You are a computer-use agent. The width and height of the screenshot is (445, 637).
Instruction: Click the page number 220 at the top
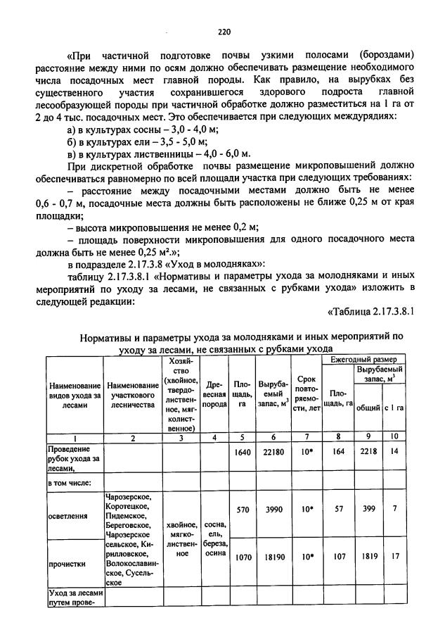pos(224,31)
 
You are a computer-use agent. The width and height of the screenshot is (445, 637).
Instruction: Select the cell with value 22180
pos(271,452)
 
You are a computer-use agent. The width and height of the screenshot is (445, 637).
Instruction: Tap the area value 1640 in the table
pos(242,452)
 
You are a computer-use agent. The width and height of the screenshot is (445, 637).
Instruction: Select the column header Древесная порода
pos(213,395)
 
